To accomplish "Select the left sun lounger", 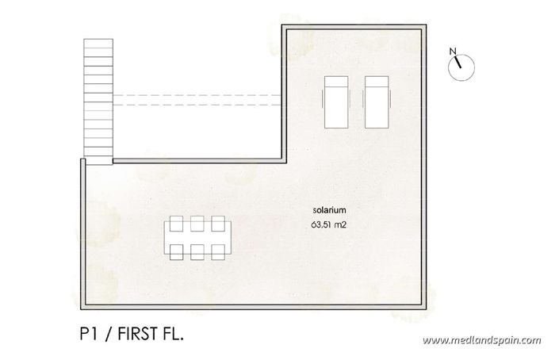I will tap(336, 101).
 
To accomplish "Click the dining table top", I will tap(198, 236).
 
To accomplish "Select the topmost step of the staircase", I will tap(99, 44).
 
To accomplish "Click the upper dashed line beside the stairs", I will tap(198, 95).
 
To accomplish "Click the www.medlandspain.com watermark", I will tap(481, 340).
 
